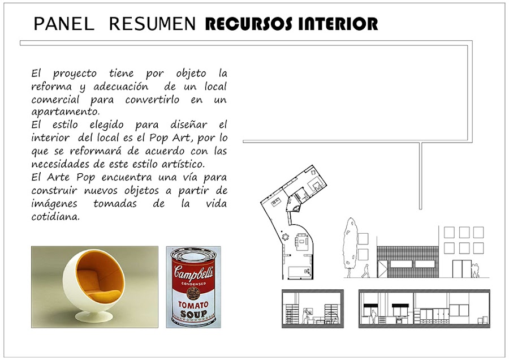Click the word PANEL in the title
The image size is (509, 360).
click(63, 24)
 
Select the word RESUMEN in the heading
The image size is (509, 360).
click(152, 24)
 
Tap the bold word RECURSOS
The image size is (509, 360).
click(249, 24)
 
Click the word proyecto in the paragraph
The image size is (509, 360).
click(75, 74)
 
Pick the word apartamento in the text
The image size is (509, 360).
click(65, 112)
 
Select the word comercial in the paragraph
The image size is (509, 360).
click(55, 99)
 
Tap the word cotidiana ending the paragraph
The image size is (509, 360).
click(55, 216)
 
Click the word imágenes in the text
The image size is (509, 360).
click(54, 204)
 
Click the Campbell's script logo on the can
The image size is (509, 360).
click(193, 272)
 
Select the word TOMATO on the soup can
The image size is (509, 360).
click(193, 305)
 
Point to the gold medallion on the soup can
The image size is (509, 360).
click(193, 293)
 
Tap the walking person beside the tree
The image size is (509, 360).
click(366, 271)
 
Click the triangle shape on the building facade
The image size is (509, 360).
click(382, 269)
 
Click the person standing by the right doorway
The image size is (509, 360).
click(475, 270)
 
